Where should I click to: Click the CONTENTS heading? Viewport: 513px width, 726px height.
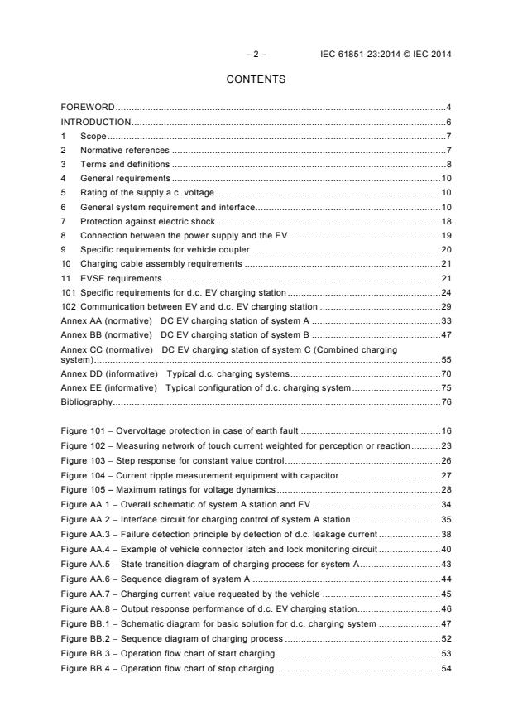pos(256,79)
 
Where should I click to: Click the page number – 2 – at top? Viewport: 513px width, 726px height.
pos(256,55)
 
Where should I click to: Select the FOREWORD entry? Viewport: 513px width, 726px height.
pos(88,108)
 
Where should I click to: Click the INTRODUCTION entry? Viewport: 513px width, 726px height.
pos(96,122)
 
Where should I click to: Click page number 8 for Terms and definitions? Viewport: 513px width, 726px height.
pos(448,164)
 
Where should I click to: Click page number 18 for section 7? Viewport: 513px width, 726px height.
pos(445,221)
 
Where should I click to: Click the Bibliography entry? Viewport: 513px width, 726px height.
pos(86,401)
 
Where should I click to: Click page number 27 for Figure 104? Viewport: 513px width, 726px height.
pos(445,474)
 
